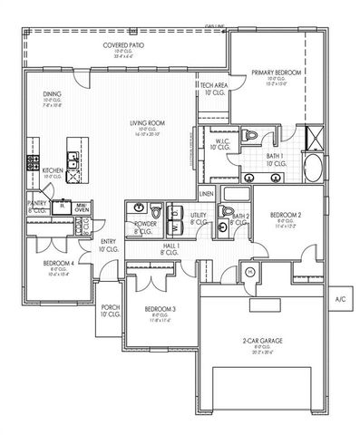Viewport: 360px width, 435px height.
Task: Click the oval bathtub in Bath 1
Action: [310, 169]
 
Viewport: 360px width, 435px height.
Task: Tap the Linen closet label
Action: [207, 193]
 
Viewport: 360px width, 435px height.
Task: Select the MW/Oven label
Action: [82, 208]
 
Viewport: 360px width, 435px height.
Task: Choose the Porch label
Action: [110, 312]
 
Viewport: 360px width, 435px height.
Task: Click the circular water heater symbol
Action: [250, 271]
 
